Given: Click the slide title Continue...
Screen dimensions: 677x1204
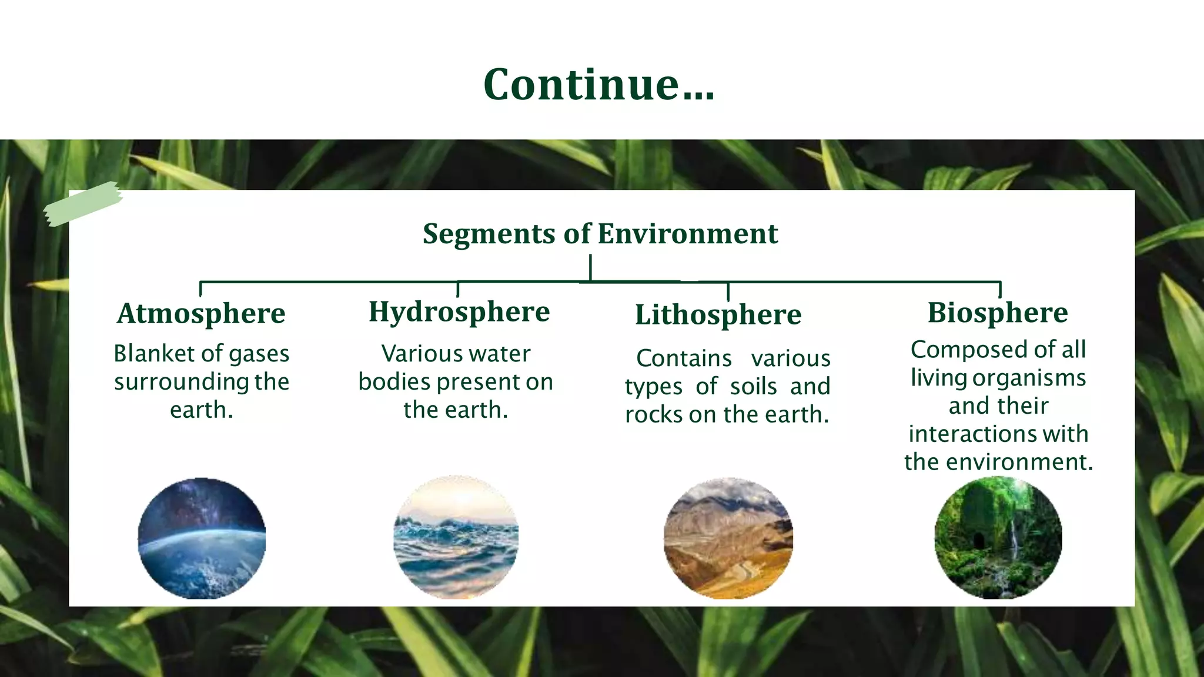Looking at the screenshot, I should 598,85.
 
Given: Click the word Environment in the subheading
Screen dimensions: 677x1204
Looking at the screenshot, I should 688,234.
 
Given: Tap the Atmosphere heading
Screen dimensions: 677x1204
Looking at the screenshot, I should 201,313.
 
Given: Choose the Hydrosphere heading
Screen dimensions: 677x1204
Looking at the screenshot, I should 459,312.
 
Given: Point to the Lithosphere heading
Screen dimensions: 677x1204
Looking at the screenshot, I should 718,314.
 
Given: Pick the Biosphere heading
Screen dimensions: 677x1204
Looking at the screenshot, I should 998,313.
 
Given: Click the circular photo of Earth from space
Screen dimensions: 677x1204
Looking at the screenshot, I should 202,538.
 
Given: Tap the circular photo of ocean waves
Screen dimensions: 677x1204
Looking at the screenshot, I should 456,538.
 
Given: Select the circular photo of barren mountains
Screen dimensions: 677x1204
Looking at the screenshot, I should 728,538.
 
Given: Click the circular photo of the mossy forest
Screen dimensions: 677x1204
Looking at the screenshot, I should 998,538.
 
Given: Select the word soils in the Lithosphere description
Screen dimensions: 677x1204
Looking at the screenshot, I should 754,387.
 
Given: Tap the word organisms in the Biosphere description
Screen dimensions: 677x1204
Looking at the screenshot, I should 1029,378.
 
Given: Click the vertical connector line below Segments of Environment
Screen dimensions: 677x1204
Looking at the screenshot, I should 590,267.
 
